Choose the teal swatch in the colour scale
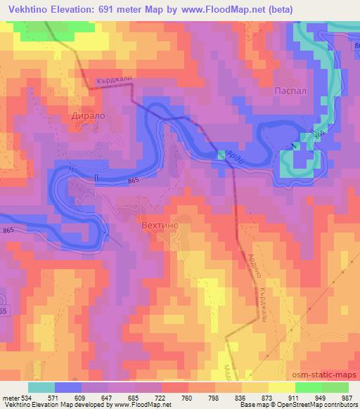41,387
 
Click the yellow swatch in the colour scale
281,387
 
